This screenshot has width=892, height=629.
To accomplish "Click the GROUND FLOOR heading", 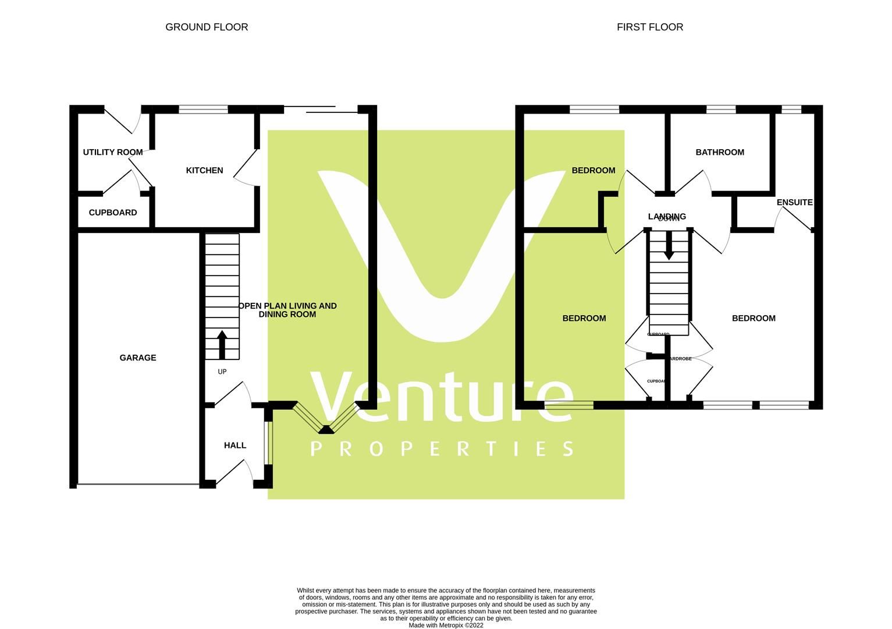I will (207, 27).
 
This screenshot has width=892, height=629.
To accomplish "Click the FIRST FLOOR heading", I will (649, 27).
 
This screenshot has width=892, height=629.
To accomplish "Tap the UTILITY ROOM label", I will (113, 153).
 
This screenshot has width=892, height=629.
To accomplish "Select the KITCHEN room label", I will (204, 171).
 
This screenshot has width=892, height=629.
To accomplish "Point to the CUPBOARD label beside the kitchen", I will (113, 213).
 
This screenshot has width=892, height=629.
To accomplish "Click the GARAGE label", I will (138, 358).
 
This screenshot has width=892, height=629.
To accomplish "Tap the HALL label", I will (235, 446).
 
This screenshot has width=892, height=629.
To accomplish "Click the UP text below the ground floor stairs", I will (222, 372).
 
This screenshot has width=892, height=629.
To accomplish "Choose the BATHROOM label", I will (720, 153).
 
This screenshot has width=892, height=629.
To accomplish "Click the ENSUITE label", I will (794, 203).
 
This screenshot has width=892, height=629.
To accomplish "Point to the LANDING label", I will (667, 217).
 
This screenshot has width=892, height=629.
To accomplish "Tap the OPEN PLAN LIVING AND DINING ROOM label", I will (287, 310).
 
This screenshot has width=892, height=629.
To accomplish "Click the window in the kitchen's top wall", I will (203, 109).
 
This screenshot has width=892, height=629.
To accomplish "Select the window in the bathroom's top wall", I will (720, 109).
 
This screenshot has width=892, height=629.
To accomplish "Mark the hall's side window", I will (268, 443).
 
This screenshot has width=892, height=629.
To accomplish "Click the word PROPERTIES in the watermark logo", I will (442, 448).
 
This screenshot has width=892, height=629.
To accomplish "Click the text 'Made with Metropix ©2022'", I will (446, 626).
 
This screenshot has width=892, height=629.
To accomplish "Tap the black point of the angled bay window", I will (326, 430).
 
